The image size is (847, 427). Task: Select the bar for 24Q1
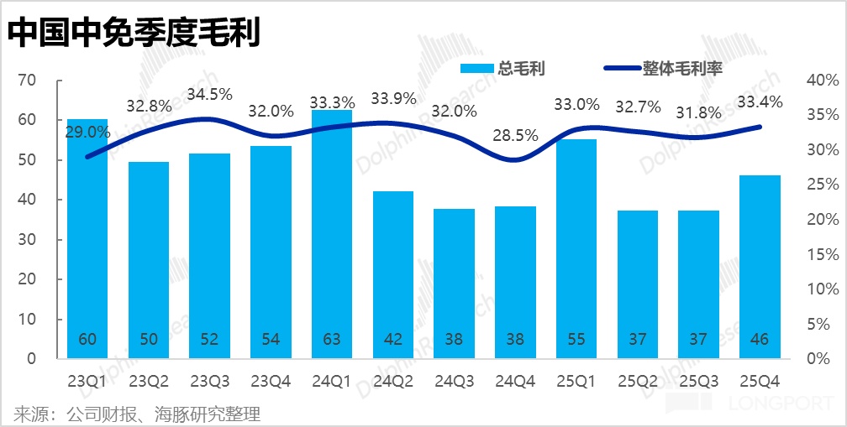pyautogui.click(x=332, y=235)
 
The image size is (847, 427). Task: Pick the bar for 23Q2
pyautogui.click(x=149, y=260)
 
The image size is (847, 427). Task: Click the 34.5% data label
pyautogui.click(x=209, y=95)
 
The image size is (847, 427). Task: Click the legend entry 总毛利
pyautogui.click(x=502, y=69)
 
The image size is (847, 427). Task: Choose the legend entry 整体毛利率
pyautogui.click(x=664, y=69)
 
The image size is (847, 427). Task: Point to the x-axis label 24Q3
pyautogui.click(x=454, y=381)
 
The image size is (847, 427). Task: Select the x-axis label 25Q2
pyautogui.click(x=637, y=381)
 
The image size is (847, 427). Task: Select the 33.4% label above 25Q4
pyautogui.click(x=760, y=102)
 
